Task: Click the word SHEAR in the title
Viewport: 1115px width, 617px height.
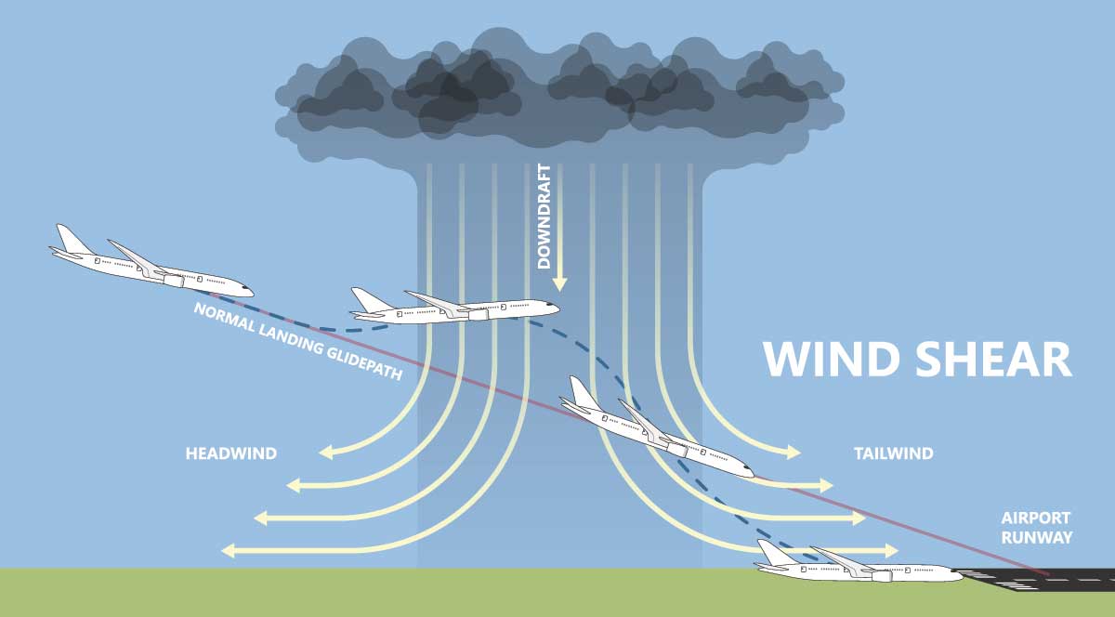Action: point(993,360)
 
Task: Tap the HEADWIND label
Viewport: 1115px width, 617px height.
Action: point(231,453)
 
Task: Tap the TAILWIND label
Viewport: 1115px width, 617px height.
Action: point(894,453)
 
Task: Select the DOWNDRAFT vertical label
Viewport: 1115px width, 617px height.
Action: point(544,217)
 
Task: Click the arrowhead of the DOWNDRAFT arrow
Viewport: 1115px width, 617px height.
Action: point(559,283)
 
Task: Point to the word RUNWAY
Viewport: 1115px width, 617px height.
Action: point(1037,538)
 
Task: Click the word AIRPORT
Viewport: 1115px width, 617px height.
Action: point(1035,519)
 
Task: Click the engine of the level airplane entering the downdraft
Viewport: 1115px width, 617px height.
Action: point(478,315)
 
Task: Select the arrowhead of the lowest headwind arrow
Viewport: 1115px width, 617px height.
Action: point(229,551)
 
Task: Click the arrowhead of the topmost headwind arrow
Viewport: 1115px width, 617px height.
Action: point(326,453)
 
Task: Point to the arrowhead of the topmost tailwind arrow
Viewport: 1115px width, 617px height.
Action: point(794,453)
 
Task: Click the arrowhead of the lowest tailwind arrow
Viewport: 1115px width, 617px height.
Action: point(891,551)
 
